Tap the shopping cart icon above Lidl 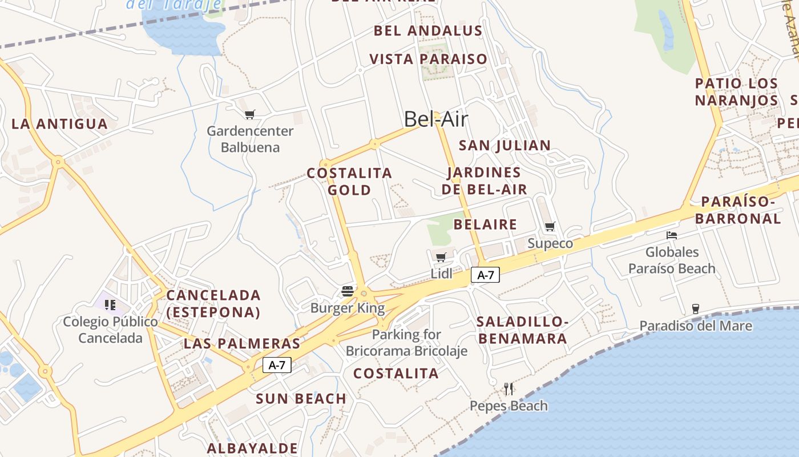[441, 257]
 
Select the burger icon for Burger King [348, 291]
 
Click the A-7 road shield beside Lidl [485, 275]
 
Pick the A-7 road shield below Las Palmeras [277, 365]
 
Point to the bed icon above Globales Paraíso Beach [672, 235]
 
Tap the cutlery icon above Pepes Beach [509, 389]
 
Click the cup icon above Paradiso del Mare [695, 309]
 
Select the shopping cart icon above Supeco [550, 227]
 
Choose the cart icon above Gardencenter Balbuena [249, 115]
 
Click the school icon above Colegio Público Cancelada [110, 304]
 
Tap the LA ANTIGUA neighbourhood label [59, 124]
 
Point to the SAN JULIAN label [505, 145]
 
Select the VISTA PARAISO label [429, 59]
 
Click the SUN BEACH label [301, 399]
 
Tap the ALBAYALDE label [252, 448]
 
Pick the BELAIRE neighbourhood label [485, 224]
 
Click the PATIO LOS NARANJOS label [736, 92]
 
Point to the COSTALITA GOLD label [349, 181]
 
